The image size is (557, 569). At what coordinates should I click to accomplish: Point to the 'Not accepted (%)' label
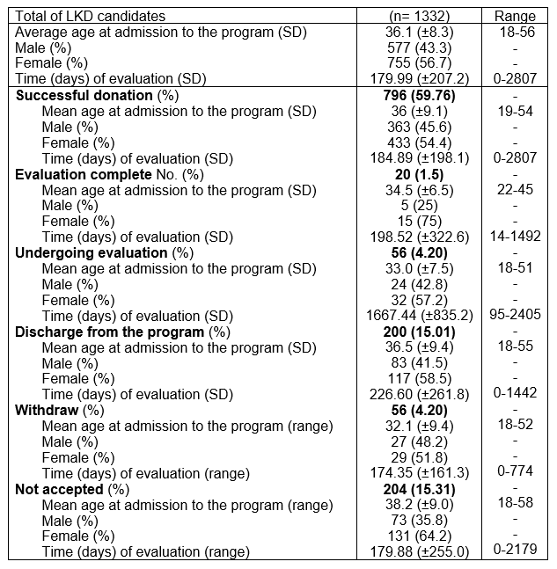point(73,489)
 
